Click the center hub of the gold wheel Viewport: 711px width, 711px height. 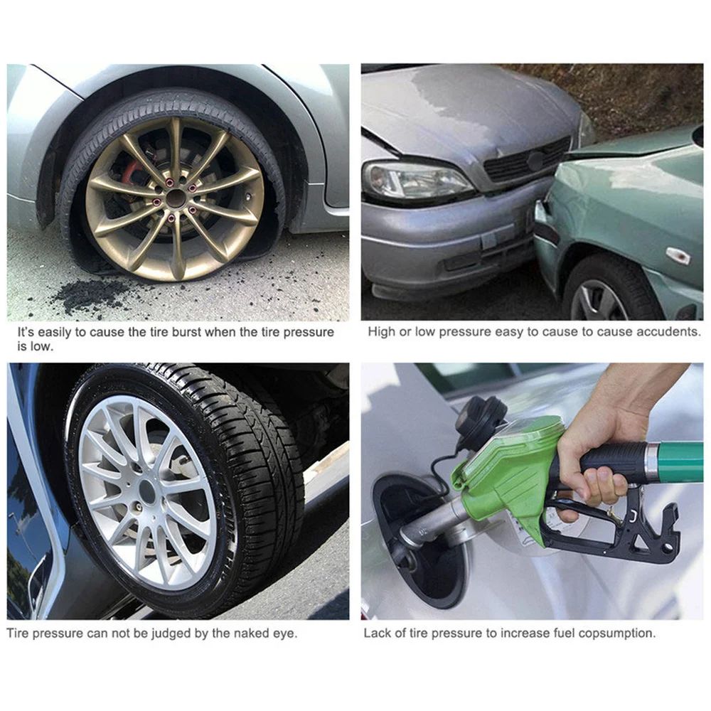tap(176, 198)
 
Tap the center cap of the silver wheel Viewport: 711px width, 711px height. tap(147, 491)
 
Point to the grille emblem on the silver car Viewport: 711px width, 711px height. tap(535, 161)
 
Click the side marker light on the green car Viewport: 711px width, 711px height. tap(677, 256)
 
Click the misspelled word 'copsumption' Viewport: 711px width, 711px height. tap(620, 633)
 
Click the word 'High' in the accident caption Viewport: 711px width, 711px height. tap(381, 332)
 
